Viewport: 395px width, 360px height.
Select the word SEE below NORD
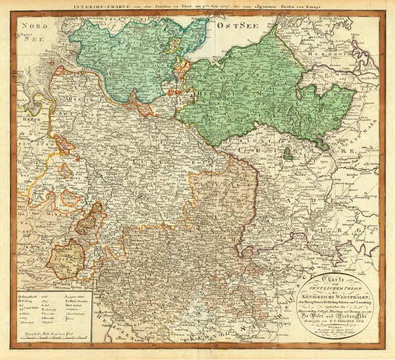click(x=31, y=38)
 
